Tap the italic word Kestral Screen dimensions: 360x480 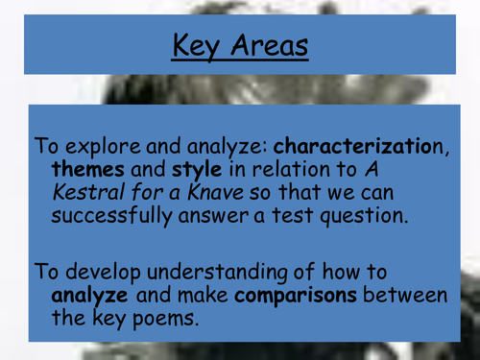tap(89, 193)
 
